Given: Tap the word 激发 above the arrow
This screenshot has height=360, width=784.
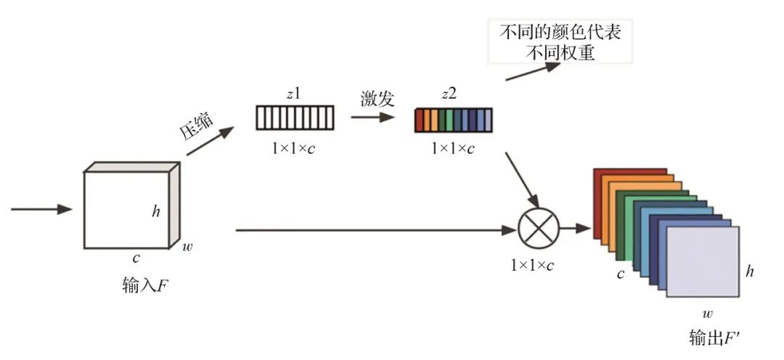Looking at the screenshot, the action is (x=377, y=99).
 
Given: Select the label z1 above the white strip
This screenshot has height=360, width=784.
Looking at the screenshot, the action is (x=294, y=95).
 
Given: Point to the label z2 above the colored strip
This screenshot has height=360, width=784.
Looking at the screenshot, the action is (x=452, y=95).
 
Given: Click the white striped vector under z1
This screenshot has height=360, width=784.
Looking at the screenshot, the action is (x=295, y=118).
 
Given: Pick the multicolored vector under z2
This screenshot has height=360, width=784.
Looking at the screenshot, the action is (x=453, y=120).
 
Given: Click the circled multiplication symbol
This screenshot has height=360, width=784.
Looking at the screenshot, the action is (x=539, y=229).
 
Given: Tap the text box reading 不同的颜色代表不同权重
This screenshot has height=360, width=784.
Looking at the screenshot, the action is (x=560, y=43).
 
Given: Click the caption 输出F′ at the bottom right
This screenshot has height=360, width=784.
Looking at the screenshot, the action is (x=714, y=337).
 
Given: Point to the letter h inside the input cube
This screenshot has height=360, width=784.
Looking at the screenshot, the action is (x=156, y=211).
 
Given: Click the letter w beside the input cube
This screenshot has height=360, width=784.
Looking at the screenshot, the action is (x=188, y=247).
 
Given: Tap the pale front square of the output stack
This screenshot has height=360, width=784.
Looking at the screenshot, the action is (x=702, y=261).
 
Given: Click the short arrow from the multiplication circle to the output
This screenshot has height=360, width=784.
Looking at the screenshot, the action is (x=576, y=229).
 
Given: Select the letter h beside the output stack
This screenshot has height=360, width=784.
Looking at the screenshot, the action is (x=750, y=272).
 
